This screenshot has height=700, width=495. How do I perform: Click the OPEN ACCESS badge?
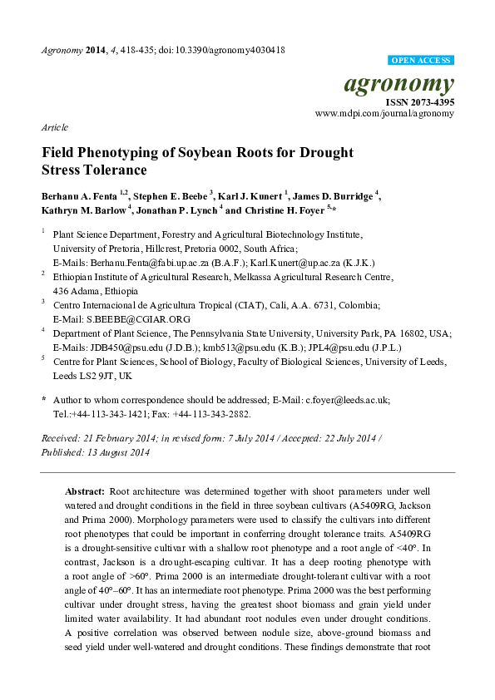[421, 62]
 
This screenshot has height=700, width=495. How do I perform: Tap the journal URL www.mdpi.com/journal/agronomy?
[384, 114]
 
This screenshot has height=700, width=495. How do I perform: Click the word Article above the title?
[54, 127]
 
